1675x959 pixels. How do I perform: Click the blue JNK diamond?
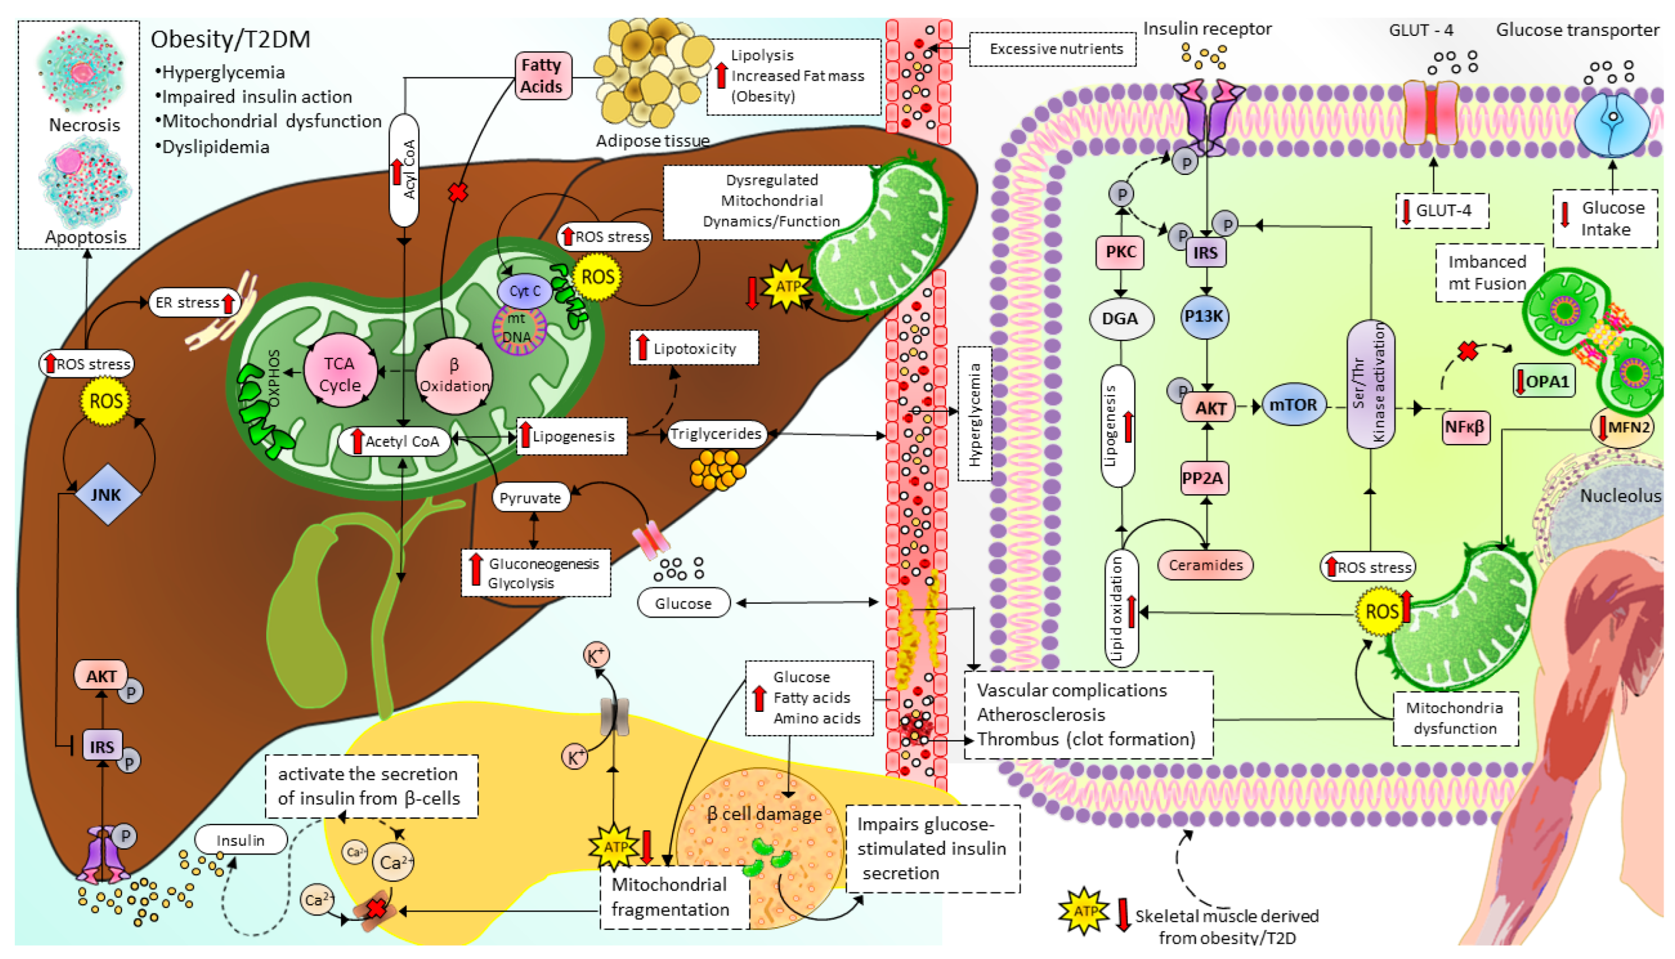pyautogui.click(x=107, y=495)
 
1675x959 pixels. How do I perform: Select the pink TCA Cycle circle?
pyautogui.click(x=340, y=373)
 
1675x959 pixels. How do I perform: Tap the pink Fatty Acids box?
pyautogui.click(x=542, y=76)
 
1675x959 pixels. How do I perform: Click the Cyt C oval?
pyautogui.click(x=525, y=291)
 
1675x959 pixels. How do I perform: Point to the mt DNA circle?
pyautogui.click(x=518, y=328)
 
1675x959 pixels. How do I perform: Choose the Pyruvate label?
pyautogui.click(x=530, y=498)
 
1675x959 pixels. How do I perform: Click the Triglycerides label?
pyautogui.click(x=715, y=434)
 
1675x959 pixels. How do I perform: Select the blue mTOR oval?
pyautogui.click(x=1293, y=405)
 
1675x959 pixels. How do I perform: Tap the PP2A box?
pyautogui.click(x=1203, y=478)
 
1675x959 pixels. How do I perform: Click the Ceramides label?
pyautogui.click(x=1205, y=565)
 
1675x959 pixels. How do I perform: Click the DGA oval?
pyautogui.click(x=1120, y=319)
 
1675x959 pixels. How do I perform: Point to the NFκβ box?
pyautogui.click(x=1464, y=427)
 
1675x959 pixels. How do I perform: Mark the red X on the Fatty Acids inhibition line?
pyautogui.click(x=458, y=192)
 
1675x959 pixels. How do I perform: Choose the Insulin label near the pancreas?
pyautogui.click(x=240, y=840)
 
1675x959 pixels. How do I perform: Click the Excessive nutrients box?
pyautogui.click(x=1055, y=49)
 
